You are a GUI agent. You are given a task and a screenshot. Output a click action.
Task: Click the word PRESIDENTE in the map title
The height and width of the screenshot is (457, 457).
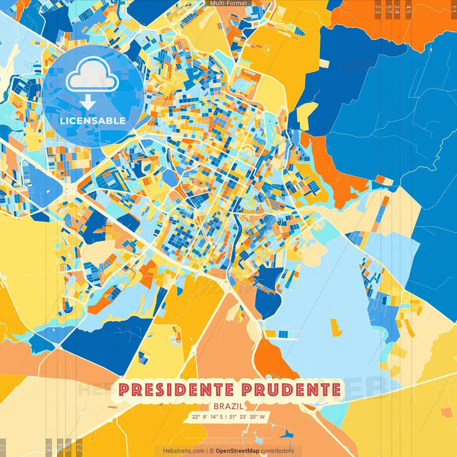[176, 390]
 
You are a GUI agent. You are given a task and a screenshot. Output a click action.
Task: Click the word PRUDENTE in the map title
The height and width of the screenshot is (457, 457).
[291, 390]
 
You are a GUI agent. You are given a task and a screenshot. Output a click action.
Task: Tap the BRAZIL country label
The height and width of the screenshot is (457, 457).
[228, 406]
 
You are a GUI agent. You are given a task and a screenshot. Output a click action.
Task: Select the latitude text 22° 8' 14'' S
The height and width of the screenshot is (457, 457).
[207, 417]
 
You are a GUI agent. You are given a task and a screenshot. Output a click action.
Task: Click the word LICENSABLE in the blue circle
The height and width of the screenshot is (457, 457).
[93, 121]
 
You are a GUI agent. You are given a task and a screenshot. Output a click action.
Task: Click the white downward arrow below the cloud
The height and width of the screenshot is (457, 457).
[88, 103]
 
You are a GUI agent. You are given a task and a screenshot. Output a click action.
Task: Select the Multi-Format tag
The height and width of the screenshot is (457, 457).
[228, 3]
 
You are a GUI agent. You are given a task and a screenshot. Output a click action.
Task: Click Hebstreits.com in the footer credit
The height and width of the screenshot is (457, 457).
[184, 451]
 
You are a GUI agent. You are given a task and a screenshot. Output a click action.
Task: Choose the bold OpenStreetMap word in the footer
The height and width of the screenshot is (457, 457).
[237, 451]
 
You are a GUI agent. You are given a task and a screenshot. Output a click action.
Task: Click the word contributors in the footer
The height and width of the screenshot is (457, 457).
[277, 451]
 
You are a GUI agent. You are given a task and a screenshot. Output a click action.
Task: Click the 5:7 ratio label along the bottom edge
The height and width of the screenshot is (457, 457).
[69, 447]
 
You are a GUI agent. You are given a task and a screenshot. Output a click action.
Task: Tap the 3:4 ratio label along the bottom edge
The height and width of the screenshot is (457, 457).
[60, 447]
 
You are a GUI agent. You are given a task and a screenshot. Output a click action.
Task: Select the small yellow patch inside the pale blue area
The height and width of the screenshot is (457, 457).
[336, 327]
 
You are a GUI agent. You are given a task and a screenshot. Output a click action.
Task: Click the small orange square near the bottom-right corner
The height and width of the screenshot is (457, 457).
[446, 413]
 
